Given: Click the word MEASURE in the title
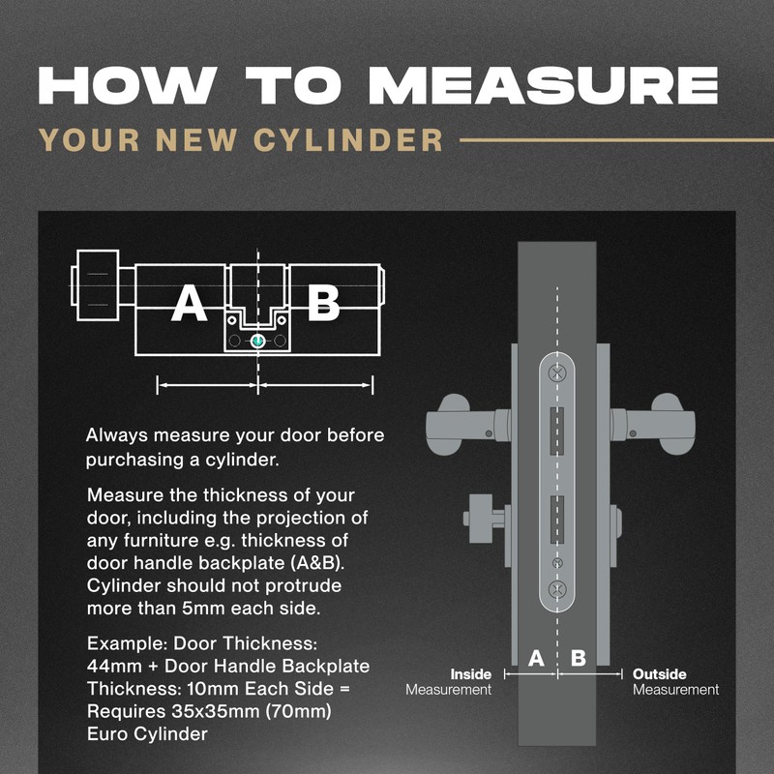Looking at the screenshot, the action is point(543,85).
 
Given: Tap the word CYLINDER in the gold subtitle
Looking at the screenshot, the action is point(348,139).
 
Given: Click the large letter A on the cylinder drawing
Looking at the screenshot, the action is point(189,303).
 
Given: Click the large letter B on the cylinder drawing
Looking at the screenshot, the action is point(323,303).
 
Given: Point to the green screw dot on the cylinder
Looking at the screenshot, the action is point(257,341).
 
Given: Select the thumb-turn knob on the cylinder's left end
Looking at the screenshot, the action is point(98,285).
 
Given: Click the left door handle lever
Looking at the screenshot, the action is point(466,425).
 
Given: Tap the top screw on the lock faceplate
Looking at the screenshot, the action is point(557,372).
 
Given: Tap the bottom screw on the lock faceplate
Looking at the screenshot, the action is point(557,589).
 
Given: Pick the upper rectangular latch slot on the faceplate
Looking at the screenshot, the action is point(557,431).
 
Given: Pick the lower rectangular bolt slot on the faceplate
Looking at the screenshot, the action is point(557,520).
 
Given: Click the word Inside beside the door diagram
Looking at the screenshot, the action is point(470,674).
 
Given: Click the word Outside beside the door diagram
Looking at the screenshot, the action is point(660,674).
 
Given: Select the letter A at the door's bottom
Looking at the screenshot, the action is point(536,658).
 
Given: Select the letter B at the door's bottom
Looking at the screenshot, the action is point(579,658).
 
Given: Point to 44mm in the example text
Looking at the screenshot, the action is point(114,667).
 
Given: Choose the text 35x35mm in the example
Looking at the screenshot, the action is point(217,711).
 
